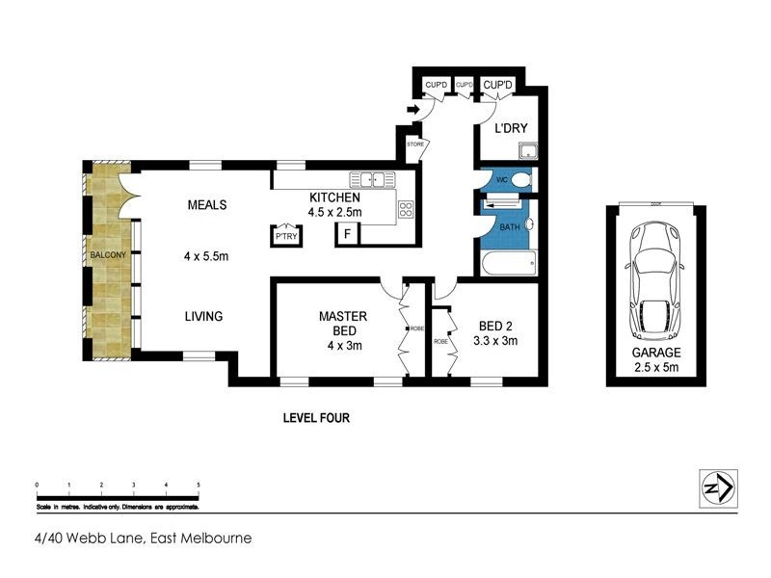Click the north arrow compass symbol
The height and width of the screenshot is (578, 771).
pos(716,488)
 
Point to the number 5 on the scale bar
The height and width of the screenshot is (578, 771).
pos(199,484)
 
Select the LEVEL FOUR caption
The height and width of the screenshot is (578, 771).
pos(315,418)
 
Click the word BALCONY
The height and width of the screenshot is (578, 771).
pos(108,254)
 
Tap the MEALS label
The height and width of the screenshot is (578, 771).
pos(207,205)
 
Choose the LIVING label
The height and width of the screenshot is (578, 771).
pos(204,316)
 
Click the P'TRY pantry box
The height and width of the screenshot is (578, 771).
pos(285,236)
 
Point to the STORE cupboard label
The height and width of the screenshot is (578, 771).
pos(415,144)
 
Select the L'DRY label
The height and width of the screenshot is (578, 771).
pos(510,128)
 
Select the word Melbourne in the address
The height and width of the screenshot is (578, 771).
pos(217,539)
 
